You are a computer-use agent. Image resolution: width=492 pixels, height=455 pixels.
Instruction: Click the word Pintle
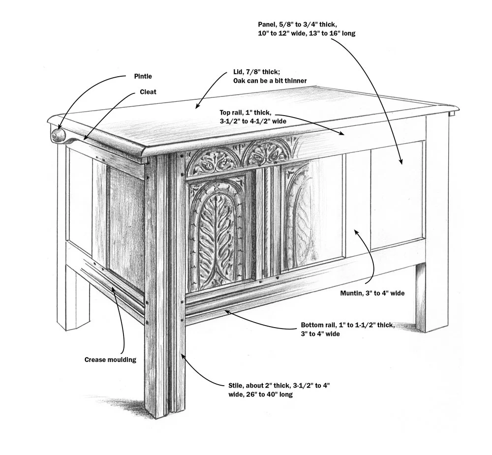click(x=143, y=76)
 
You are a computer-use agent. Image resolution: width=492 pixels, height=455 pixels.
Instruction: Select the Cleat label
click(x=148, y=92)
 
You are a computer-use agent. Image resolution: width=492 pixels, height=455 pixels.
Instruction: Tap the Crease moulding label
click(x=110, y=360)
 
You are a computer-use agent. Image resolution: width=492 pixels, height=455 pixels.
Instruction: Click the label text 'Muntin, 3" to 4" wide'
click(x=372, y=293)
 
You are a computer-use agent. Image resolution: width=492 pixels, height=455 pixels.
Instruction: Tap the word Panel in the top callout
click(x=267, y=24)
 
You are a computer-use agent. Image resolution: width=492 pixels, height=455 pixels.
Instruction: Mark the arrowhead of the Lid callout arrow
click(x=197, y=107)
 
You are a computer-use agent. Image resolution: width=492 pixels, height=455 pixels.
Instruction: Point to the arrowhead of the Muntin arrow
click(x=355, y=229)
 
